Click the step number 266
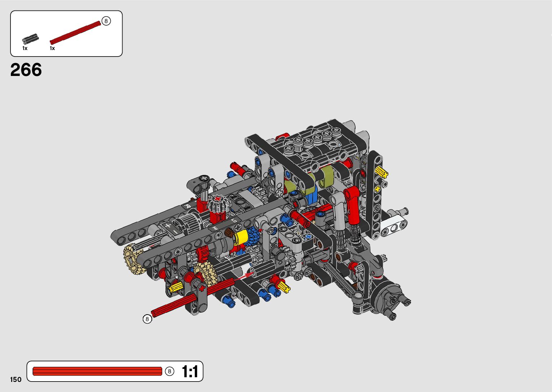tap(26, 69)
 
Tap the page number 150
tap(16, 379)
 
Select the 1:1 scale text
tap(190, 371)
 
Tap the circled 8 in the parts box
tap(106, 21)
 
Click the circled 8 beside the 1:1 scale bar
tap(169, 371)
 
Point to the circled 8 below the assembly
tap(147, 319)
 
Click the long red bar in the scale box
tap(97, 371)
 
